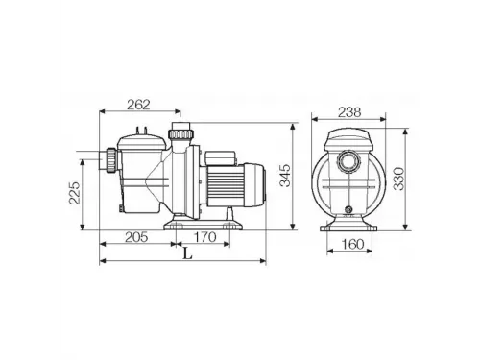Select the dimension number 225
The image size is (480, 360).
(x=88, y=194)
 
